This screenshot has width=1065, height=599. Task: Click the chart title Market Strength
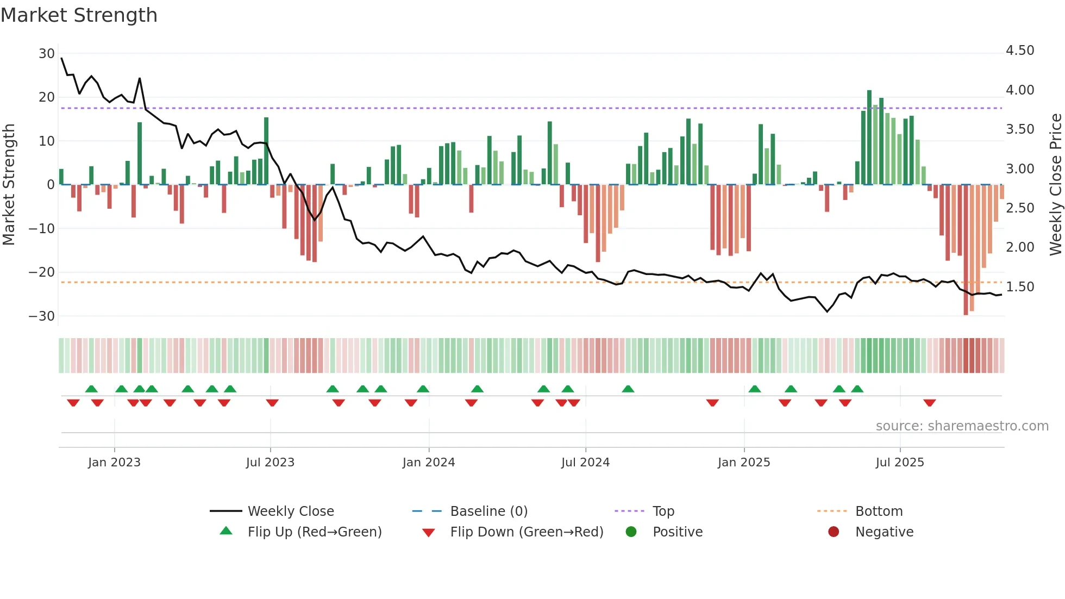point(79,15)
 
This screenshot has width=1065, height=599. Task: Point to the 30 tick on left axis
point(47,54)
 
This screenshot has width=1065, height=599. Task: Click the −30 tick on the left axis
point(42,316)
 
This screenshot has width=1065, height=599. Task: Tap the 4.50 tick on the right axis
point(1020,51)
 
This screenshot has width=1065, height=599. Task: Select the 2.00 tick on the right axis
point(1020,247)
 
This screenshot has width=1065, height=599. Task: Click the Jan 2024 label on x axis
point(429,463)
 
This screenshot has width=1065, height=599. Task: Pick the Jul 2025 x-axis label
point(900,463)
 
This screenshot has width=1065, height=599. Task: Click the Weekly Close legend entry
point(291,511)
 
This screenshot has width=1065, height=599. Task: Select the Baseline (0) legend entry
point(488,511)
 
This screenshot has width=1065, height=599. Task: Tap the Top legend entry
point(663,511)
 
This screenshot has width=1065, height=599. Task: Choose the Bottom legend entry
point(879,511)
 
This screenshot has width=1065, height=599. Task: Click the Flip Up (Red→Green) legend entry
point(315,532)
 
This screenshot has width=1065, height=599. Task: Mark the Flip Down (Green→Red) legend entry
point(527,532)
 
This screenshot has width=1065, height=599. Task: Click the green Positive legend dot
point(631,532)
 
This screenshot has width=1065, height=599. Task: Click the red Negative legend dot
point(834,532)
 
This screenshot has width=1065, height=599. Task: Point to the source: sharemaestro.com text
point(962,426)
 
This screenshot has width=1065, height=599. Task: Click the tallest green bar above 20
point(869,137)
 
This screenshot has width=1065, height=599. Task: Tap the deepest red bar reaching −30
point(966,250)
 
